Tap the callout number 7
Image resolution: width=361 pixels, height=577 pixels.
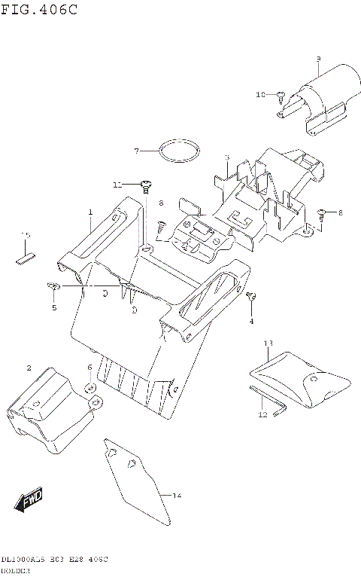click(x=137, y=151)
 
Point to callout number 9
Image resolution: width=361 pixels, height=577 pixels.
click(x=318, y=59)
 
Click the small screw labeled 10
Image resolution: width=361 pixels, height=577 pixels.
click(x=280, y=95)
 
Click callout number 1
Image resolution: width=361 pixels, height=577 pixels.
click(x=89, y=213)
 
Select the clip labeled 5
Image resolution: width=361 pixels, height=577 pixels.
click(x=53, y=285)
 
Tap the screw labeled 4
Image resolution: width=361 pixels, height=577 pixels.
click(x=253, y=295)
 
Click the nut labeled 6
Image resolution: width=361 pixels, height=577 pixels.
click(x=89, y=388)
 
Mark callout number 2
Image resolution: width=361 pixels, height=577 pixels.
click(x=29, y=368)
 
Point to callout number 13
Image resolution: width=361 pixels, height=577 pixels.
click(x=268, y=343)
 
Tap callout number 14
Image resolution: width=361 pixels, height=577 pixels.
click(x=177, y=495)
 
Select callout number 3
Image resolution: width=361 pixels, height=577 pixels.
click(x=226, y=157)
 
